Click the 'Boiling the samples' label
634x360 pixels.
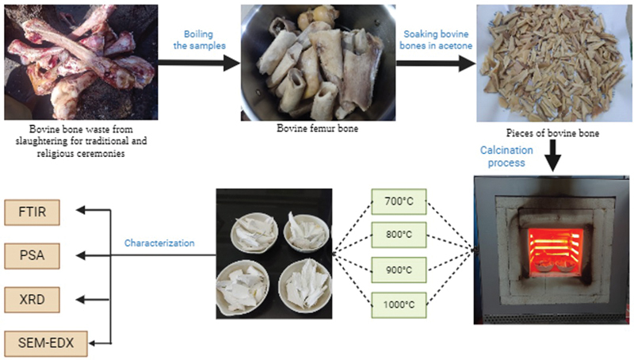[199, 41]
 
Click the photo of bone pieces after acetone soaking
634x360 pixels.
[556, 64]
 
